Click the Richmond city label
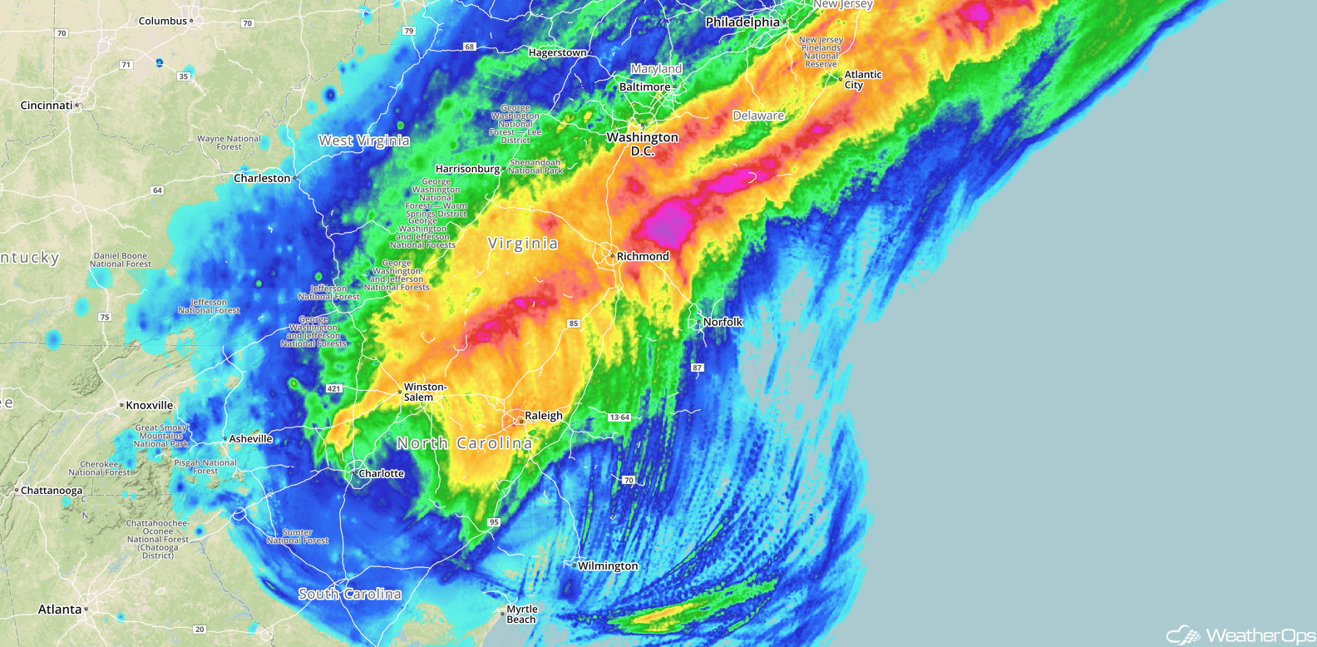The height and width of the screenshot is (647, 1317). pyautogui.click(x=643, y=256)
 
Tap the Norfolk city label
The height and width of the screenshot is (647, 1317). pyautogui.click(x=723, y=322)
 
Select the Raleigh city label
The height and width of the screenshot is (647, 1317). pyautogui.click(x=543, y=416)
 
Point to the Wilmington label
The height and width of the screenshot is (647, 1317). pyautogui.click(x=608, y=566)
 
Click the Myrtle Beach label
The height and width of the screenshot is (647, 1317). pyautogui.click(x=521, y=615)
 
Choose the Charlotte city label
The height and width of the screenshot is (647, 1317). pyautogui.click(x=381, y=474)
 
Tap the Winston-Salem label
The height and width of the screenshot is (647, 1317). pyautogui.click(x=425, y=392)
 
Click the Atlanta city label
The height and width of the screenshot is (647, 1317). pyautogui.click(x=60, y=610)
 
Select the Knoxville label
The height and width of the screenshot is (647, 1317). pyautogui.click(x=150, y=406)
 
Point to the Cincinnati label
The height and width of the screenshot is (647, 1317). pyautogui.click(x=47, y=106)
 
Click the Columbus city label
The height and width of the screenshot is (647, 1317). pyautogui.click(x=163, y=21)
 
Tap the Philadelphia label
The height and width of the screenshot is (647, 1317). pyautogui.click(x=742, y=22)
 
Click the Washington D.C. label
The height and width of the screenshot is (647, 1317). pyautogui.click(x=642, y=144)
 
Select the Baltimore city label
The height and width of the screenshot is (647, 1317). pyautogui.click(x=644, y=86)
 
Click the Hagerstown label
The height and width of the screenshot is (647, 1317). pyautogui.click(x=557, y=52)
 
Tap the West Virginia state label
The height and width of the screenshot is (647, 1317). pyautogui.click(x=364, y=141)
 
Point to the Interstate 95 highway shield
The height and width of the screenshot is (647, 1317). pyautogui.click(x=494, y=522)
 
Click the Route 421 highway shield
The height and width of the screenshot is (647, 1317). pyautogui.click(x=333, y=388)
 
